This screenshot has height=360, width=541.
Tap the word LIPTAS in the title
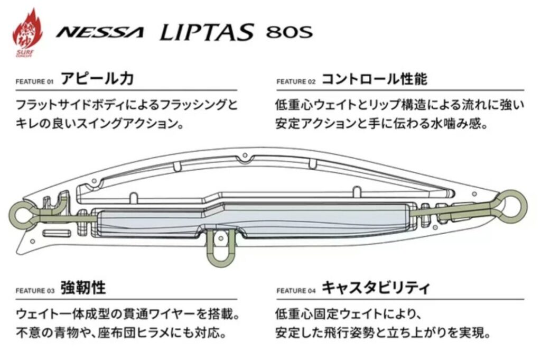pos(206,32)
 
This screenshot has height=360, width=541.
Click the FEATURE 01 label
pos(35,82)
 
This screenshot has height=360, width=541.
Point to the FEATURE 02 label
pos(296,82)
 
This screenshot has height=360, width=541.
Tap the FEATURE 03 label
pos(35,291)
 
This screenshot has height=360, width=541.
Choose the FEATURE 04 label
pos(296,291)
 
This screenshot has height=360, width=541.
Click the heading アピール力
pos(97,80)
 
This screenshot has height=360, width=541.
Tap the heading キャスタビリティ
pos(376,289)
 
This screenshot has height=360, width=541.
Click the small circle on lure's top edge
pos(245,156)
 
